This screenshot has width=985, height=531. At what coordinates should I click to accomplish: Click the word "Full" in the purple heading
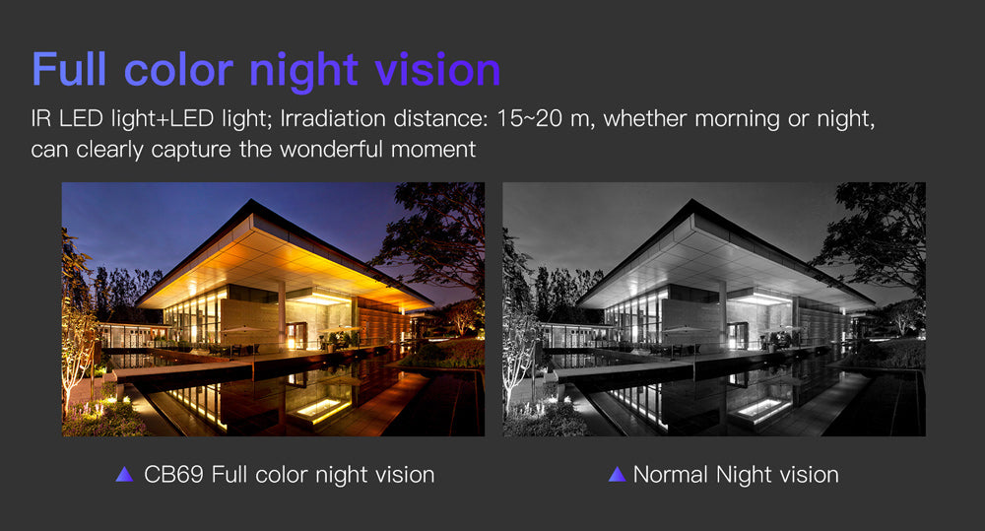coord(69,69)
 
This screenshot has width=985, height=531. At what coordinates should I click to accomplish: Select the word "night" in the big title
coord(304,72)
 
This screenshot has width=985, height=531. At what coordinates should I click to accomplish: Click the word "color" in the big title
coord(179,69)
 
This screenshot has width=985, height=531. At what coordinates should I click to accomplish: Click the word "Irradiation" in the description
coord(333,118)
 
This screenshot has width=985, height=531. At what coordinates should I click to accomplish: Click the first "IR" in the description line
coord(40,118)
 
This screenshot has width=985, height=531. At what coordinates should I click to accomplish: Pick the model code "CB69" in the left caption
coord(173,475)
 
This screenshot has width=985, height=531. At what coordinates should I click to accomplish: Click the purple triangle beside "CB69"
coord(124,475)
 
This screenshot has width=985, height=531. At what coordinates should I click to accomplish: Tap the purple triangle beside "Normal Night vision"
coord(617,475)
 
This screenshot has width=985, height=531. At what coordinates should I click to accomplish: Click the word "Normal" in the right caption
coord(670,475)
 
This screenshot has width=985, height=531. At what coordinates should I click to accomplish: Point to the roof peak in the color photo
coord(252,200)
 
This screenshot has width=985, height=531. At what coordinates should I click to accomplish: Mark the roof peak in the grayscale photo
coord(692,200)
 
